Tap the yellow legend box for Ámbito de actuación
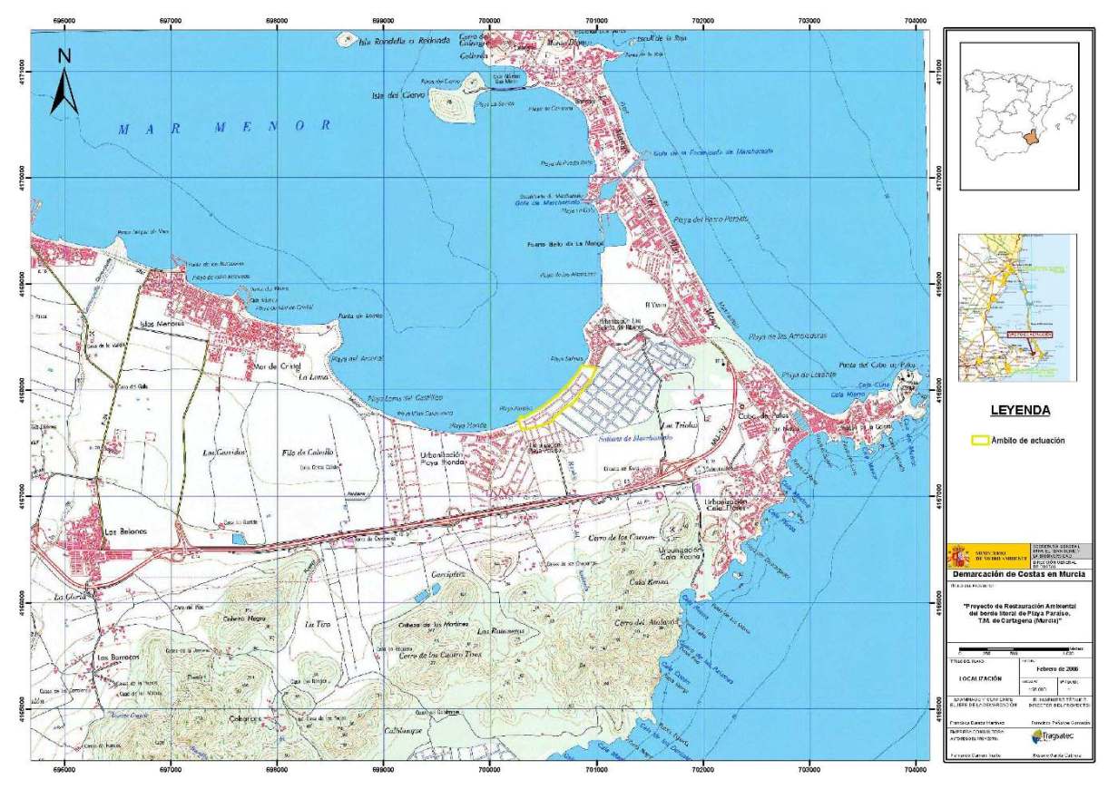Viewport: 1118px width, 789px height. (979, 441)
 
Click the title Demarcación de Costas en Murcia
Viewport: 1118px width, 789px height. (1016, 575)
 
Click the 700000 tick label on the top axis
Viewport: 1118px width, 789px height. (490, 17)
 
